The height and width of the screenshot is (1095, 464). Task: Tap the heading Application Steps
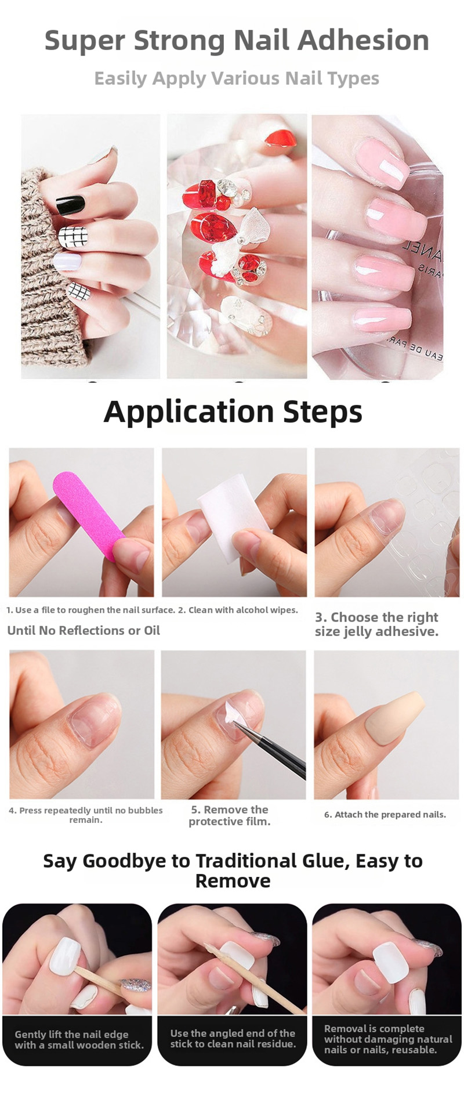(x=233, y=412)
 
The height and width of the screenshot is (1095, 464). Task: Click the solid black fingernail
(x=71, y=205)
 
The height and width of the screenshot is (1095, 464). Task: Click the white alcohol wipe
(x=232, y=516)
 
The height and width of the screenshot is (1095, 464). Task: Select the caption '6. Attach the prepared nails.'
(x=385, y=814)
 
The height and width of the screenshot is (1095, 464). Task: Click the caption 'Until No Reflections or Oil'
(x=84, y=630)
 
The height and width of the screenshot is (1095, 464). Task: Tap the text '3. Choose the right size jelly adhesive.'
(x=377, y=624)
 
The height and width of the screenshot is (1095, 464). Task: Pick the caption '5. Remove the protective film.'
(x=230, y=815)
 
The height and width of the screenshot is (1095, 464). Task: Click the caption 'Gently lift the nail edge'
(x=71, y=1034)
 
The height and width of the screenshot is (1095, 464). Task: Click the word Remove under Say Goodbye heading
(x=233, y=881)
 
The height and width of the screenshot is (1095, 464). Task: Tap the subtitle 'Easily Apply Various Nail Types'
(x=237, y=78)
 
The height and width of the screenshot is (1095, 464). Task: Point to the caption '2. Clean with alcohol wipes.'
(x=238, y=610)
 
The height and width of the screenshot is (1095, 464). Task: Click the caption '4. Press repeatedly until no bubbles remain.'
(x=86, y=815)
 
